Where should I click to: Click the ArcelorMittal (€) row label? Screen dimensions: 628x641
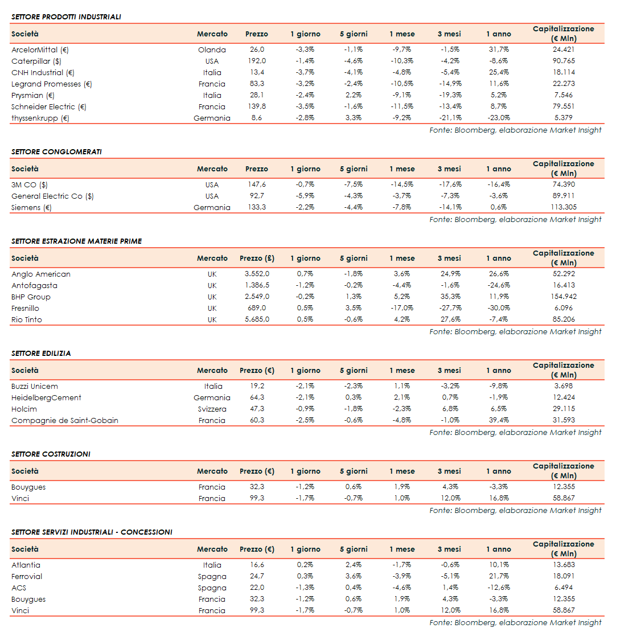pyautogui.click(x=40, y=50)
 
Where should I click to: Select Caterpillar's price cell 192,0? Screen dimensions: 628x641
pyautogui.click(x=257, y=61)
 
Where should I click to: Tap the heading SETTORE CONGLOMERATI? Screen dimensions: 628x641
pyautogui.click(x=56, y=151)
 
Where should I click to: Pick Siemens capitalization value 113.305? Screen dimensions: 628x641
pyautogui.click(x=563, y=207)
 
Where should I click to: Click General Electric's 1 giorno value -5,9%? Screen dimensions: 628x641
pyautogui.click(x=305, y=196)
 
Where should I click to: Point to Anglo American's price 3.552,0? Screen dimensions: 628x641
pyautogui.click(x=257, y=274)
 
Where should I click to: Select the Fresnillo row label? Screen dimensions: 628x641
pyautogui.click(x=25, y=308)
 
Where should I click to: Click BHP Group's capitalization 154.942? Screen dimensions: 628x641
pyautogui.click(x=563, y=297)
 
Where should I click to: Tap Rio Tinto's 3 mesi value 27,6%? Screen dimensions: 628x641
pyautogui.click(x=450, y=319)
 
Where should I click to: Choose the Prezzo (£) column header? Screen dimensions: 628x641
pyautogui.click(x=257, y=258)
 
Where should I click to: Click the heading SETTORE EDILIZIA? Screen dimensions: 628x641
pyautogui.click(x=41, y=353)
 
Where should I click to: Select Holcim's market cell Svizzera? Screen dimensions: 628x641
pyautogui.click(x=212, y=409)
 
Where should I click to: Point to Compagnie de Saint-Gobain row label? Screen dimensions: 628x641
pyautogui.click(x=65, y=420)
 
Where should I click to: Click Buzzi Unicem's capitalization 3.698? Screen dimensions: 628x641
pyautogui.click(x=563, y=386)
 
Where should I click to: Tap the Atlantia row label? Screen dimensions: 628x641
pyautogui.click(x=26, y=565)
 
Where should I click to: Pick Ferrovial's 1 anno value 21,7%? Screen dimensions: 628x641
pyautogui.click(x=499, y=576)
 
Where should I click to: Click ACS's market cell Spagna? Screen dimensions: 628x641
pyautogui.click(x=212, y=588)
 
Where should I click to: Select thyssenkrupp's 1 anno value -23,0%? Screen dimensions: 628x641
pyautogui.click(x=499, y=118)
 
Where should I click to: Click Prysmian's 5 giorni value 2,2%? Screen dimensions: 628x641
pyautogui.click(x=353, y=95)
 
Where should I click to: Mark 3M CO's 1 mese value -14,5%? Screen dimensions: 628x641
pyautogui.click(x=402, y=184)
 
